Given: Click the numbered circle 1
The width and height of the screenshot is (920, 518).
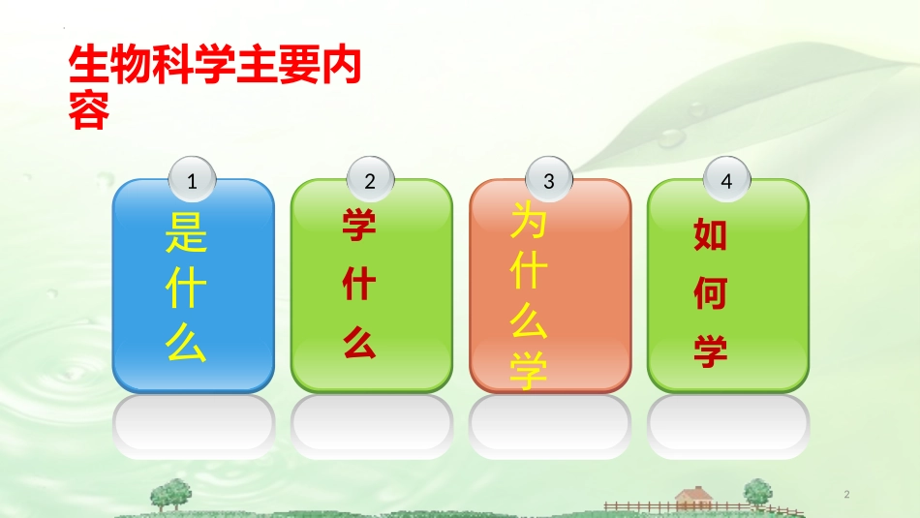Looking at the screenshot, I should [x=192, y=180].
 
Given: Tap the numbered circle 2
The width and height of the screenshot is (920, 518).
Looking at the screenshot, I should [x=370, y=180].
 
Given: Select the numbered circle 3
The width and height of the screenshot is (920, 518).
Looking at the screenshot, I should [x=549, y=180].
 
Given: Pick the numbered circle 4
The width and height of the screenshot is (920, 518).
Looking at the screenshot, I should [x=727, y=180].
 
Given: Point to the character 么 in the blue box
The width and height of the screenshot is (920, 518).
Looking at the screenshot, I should [x=187, y=342].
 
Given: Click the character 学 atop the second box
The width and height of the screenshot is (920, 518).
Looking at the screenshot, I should [x=359, y=228].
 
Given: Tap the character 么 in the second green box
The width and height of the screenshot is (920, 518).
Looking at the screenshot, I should [x=359, y=343].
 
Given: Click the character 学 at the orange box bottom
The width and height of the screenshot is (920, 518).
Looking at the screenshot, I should [x=530, y=372].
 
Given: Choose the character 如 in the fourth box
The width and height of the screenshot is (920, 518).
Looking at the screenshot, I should [x=711, y=235].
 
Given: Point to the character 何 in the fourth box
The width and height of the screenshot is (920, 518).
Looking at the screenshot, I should [x=711, y=293].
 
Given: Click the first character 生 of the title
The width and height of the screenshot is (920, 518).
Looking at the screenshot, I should [x=88, y=68].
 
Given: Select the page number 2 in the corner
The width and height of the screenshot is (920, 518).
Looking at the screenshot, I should [x=847, y=495].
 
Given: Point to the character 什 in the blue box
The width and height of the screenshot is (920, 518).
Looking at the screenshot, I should [x=187, y=289].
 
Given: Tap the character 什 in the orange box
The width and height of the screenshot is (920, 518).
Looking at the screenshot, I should [x=530, y=273].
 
